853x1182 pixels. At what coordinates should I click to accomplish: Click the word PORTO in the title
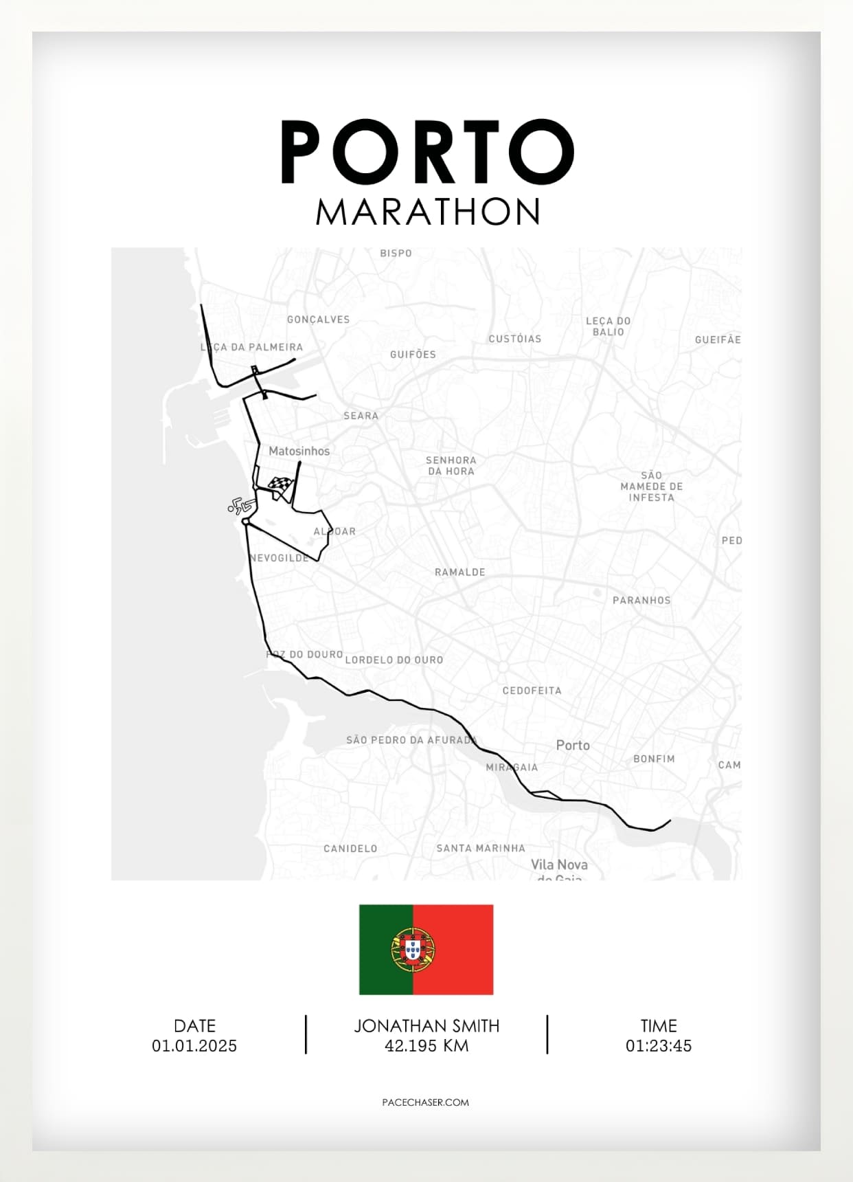point(427,152)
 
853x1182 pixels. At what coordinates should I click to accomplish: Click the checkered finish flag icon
point(281,486)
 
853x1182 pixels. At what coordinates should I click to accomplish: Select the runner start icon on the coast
point(238,506)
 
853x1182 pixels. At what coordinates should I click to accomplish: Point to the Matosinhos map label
point(299,451)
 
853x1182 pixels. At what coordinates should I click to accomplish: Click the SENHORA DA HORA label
point(451,465)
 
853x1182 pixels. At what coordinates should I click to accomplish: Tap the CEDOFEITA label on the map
point(532,691)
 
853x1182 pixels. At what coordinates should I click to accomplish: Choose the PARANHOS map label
point(641,600)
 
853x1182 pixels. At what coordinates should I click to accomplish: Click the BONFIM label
point(654,759)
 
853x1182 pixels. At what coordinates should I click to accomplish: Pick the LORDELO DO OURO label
point(394,660)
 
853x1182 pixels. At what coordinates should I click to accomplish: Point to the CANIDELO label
point(350,849)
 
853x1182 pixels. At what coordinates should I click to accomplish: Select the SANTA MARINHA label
point(481,849)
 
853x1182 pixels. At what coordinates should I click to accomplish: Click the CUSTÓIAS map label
point(515,339)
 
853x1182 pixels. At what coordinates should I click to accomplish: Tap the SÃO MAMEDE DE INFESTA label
point(652,487)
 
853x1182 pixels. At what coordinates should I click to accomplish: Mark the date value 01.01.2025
point(194,1046)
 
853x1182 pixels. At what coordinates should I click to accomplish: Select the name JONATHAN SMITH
point(427,1026)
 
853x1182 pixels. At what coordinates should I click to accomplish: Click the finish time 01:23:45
point(659,1046)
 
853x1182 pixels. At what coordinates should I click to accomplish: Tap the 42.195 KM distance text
point(427,1046)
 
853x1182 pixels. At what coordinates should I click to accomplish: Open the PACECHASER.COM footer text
point(426,1102)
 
